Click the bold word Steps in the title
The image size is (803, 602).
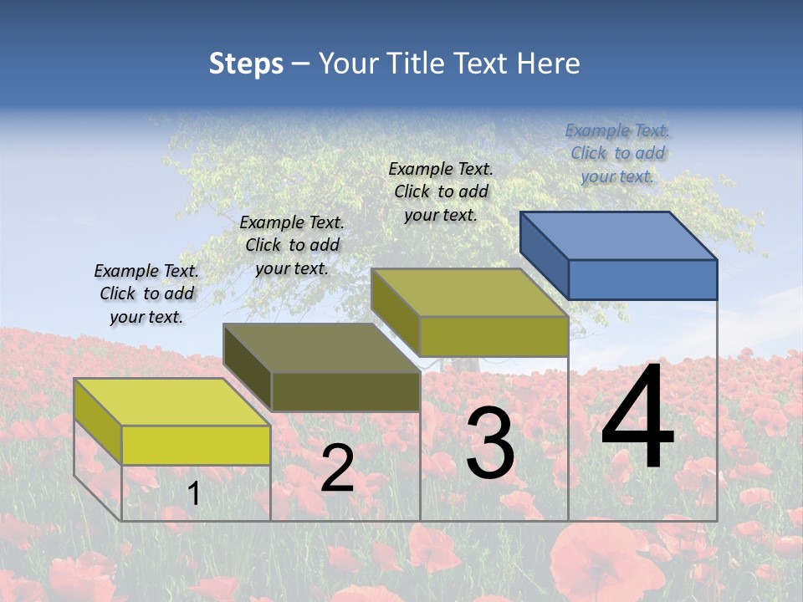pyautogui.click(x=246, y=64)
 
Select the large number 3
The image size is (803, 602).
pyautogui.click(x=489, y=443)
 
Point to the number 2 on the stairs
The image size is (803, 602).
pyautogui.click(x=337, y=468)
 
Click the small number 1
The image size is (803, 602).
pyautogui.click(x=193, y=494)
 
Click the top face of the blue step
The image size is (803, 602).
pyautogui.click(x=619, y=235)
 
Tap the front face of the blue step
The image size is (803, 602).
pyautogui.click(x=642, y=279)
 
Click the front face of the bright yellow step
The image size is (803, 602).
pyautogui.click(x=196, y=445)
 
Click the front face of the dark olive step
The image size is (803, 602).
pyautogui.click(x=345, y=391)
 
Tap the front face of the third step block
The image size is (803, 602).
pyautogui.click(x=494, y=336)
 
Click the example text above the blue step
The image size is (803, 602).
pyautogui.click(x=617, y=153)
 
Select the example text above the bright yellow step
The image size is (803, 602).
pyautogui.click(x=146, y=293)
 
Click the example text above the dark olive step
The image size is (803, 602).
pyautogui.click(x=292, y=245)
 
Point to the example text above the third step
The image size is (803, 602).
pyautogui.click(x=441, y=191)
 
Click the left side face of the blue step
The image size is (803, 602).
pyautogui.click(x=544, y=252)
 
